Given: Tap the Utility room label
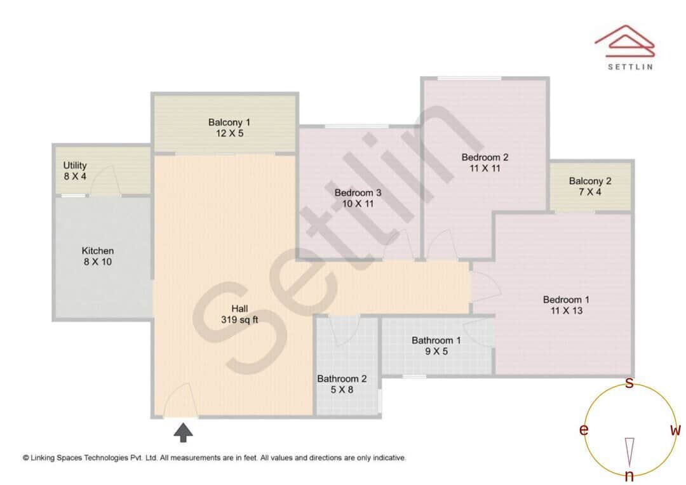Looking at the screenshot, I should coord(75,166).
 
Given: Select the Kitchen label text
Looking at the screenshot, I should coord(98,251).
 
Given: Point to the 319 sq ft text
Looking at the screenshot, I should coord(239,319).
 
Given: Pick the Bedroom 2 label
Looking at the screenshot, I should coord(485,157).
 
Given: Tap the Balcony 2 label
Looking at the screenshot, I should coord(590,181).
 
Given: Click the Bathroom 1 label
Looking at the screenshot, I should coord(436,340).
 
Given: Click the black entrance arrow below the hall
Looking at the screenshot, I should coord(184,433).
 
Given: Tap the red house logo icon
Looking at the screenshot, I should coord(624,39).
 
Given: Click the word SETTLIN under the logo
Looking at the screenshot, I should coord(630,66).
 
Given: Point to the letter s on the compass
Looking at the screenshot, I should coord(629,383).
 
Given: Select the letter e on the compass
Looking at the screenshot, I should coord(584,430).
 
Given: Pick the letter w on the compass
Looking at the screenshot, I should coord(675,430).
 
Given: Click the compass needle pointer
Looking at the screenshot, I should coord(629,449).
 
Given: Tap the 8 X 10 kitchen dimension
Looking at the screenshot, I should coord(98,262).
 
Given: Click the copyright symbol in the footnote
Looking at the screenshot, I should coord(26,457).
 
